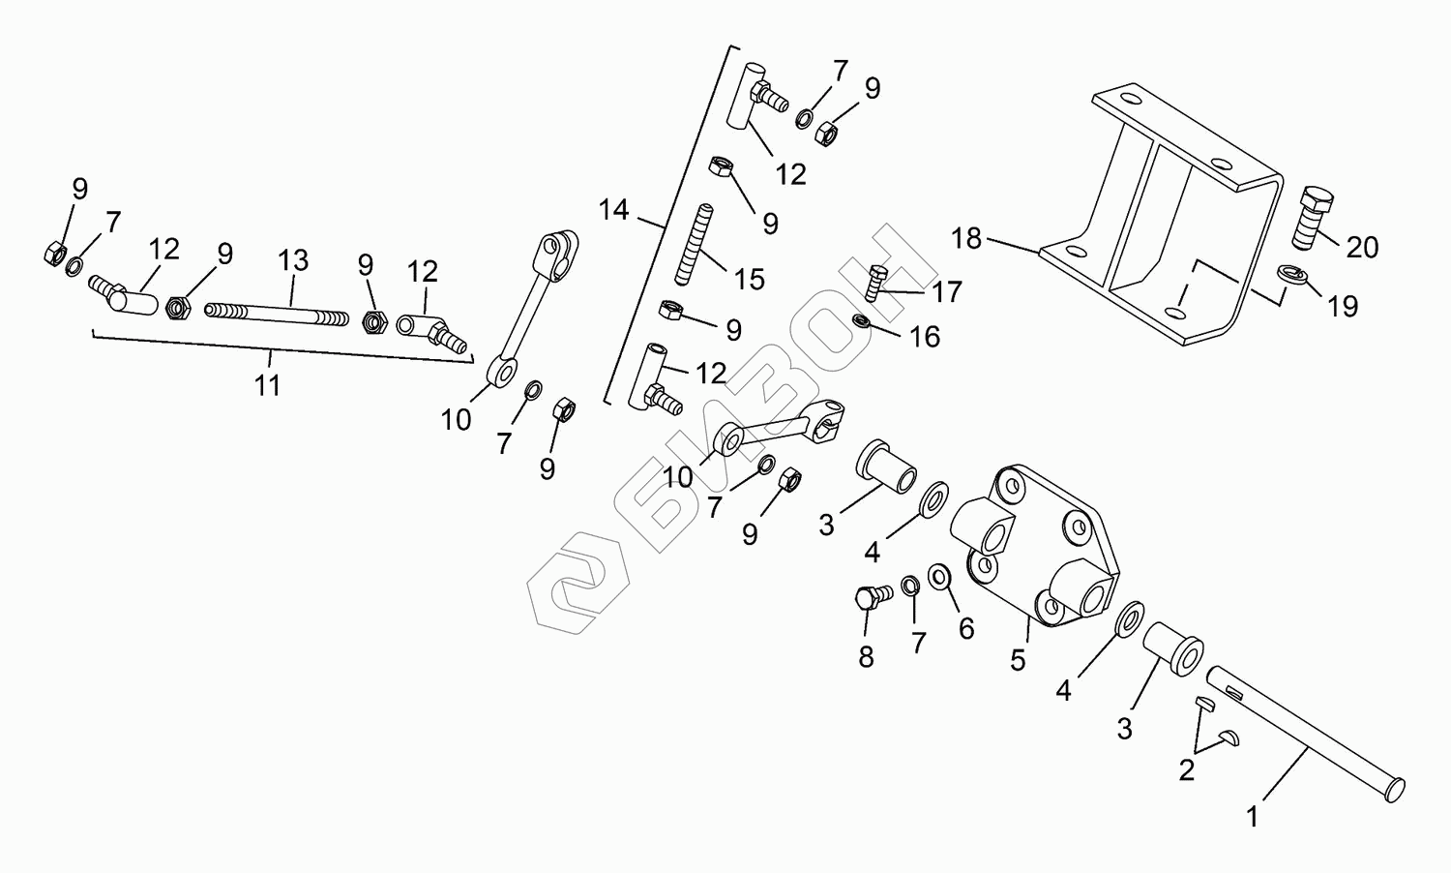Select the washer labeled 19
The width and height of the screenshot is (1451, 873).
click(x=1291, y=276)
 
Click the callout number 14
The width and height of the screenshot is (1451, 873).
click(x=613, y=209)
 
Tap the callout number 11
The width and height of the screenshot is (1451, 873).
click(x=267, y=385)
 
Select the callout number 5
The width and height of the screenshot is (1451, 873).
click(x=1018, y=660)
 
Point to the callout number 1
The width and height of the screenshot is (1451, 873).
click(x=1253, y=818)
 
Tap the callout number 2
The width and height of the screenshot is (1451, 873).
click(x=1186, y=770)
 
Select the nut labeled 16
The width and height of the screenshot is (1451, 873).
click(x=861, y=320)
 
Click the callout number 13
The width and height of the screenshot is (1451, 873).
click(x=293, y=259)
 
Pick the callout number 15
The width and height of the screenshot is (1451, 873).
click(x=749, y=280)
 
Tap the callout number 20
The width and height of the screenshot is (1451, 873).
click(x=1362, y=248)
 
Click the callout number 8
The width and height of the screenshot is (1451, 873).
click(x=866, y=657)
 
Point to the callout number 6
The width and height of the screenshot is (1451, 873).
click(x=965, y=629)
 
